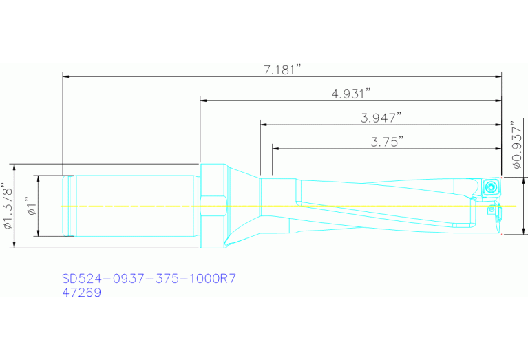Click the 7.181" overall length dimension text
pos(283,70)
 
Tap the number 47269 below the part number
pos(81,293)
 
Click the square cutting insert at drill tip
pos(491,187)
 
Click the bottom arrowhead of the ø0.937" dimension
pos(525,231)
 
